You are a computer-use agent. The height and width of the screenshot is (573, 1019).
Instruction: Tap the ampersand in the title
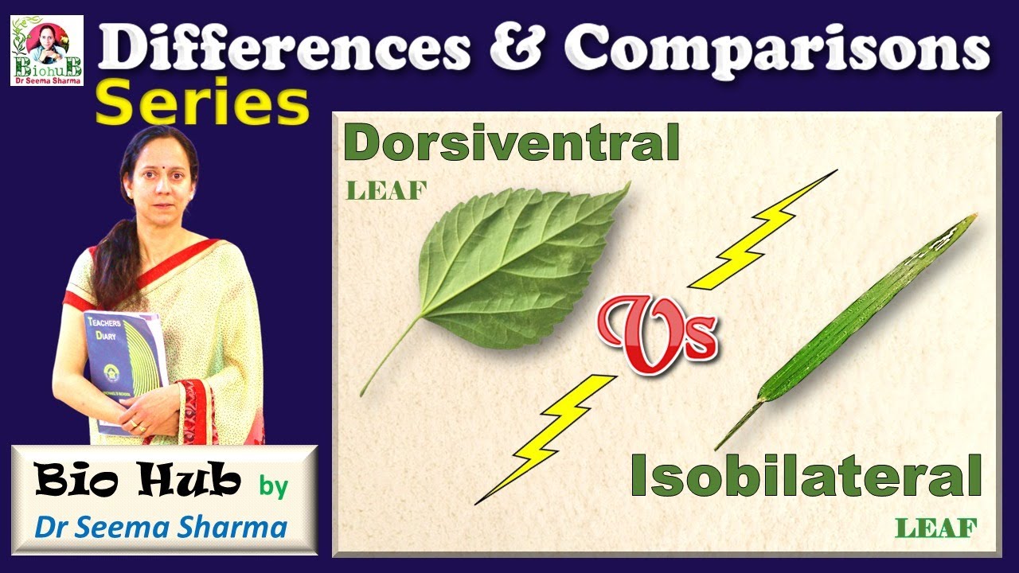[x=517, y=49]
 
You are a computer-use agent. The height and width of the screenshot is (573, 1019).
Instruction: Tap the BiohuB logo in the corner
[x=46, y=50]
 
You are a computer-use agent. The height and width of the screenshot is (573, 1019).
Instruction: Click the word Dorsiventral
[x=511, y=144]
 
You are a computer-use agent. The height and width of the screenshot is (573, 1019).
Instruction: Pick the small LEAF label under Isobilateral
[x=935, y=527]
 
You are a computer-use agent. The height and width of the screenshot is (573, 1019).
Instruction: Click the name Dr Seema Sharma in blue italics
[x=162, y=527]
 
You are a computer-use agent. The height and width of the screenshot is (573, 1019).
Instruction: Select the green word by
[x=273, y=486]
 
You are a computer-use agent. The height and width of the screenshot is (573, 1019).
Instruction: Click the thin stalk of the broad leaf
[x=390, y=354]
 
